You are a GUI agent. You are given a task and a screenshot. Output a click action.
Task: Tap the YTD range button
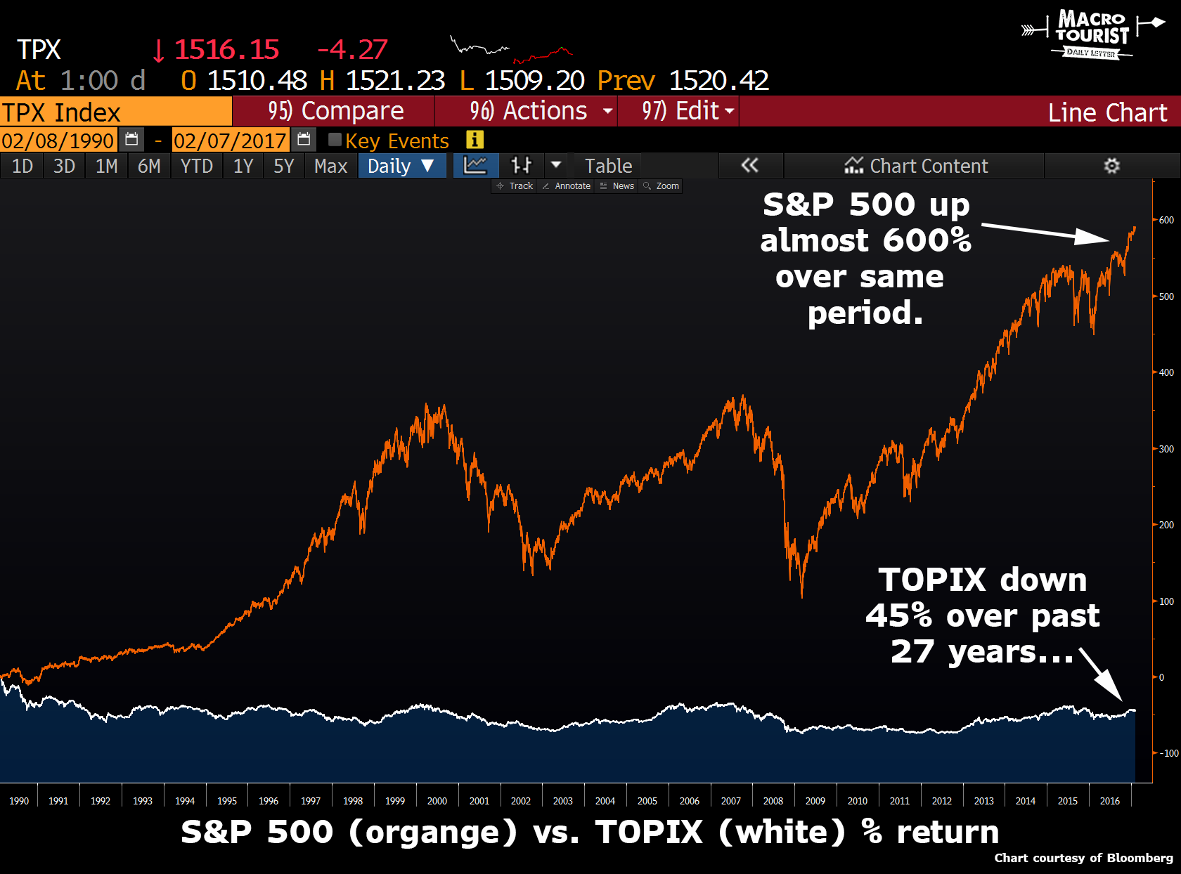(196, 166)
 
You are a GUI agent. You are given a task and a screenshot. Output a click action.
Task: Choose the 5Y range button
(283, 166)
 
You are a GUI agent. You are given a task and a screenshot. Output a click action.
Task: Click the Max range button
(330, 166)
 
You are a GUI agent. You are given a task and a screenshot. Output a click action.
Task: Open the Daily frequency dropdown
(401, 166)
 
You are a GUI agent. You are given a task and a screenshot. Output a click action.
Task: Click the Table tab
(608, 166)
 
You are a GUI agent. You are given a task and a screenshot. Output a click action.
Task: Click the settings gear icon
(1111, 166)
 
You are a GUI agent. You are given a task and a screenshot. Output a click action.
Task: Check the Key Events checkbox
(335, 140)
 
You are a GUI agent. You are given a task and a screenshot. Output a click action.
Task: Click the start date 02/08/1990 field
(58, 141)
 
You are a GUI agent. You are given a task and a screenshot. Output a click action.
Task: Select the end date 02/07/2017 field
(230, 141)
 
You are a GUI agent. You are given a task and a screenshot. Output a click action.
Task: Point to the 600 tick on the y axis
(1166, 220)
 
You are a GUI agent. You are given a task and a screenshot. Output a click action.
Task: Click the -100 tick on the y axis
(1168, 753)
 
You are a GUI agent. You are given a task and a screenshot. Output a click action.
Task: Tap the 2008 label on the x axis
(773, 801)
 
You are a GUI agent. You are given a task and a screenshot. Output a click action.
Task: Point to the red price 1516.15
(226, 49)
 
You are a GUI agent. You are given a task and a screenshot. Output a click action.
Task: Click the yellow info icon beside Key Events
(475, 140)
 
